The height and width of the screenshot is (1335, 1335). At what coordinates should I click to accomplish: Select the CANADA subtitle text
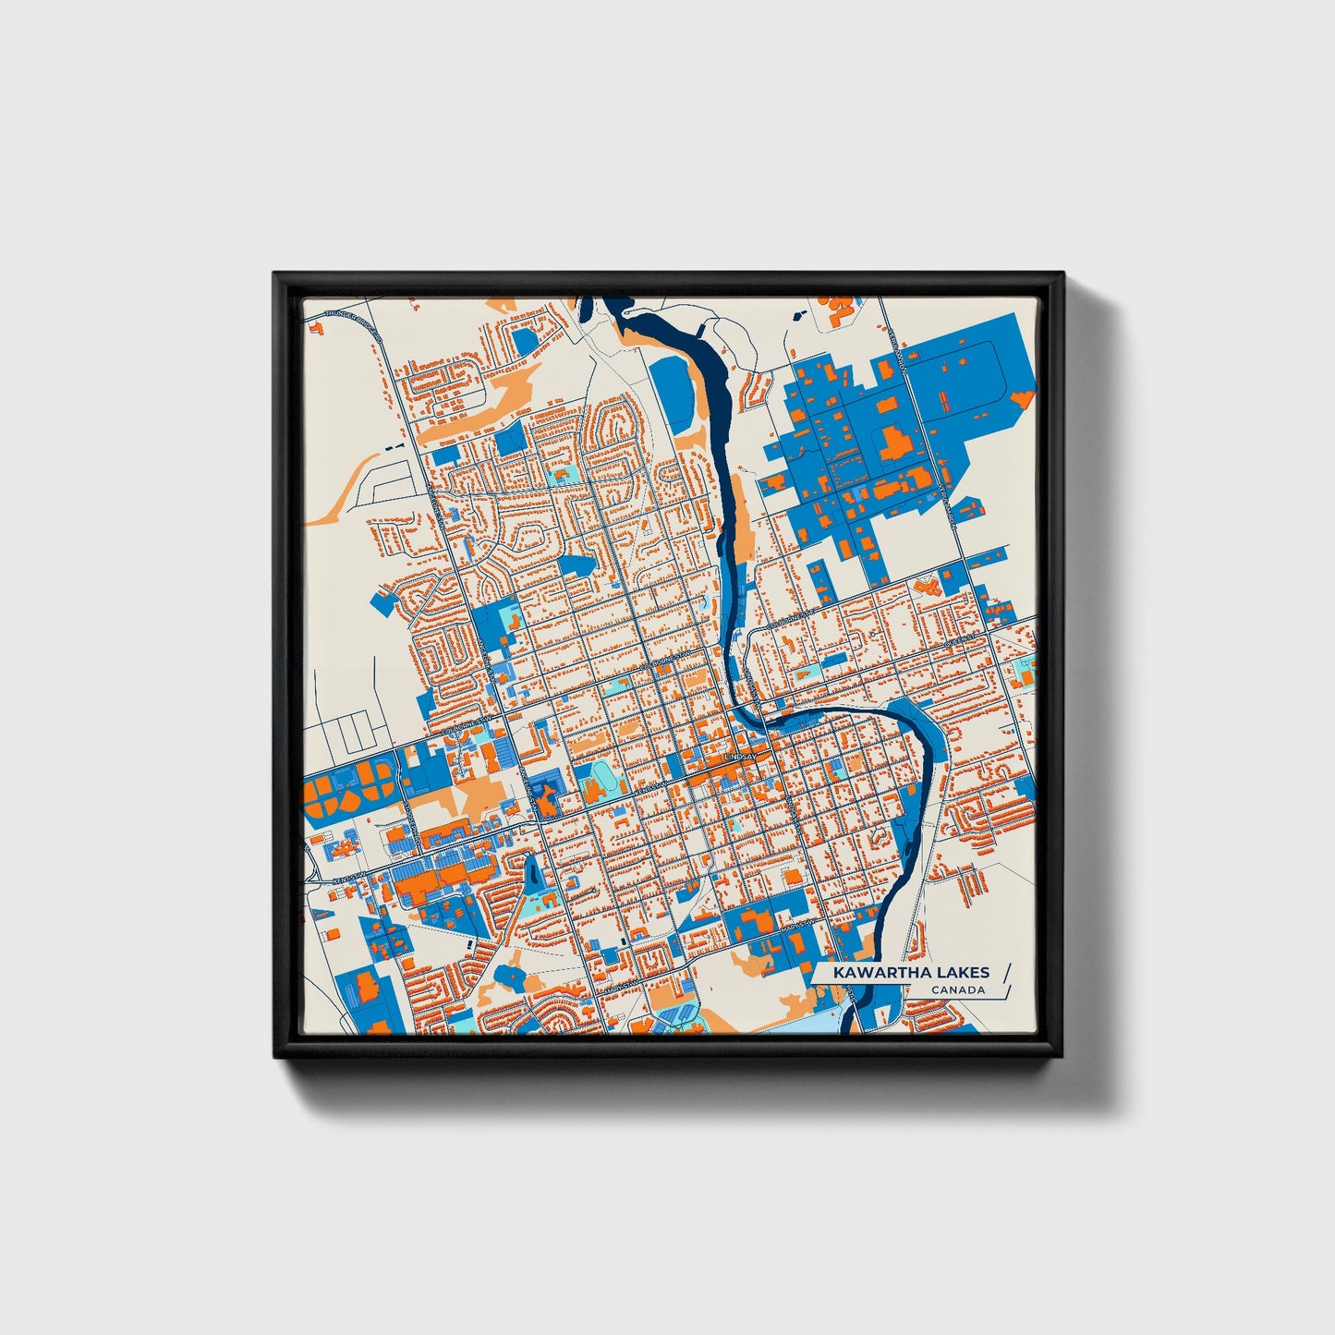[x=957, y=990]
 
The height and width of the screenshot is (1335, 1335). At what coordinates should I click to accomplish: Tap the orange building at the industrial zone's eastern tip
[x=1021, y=399]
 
